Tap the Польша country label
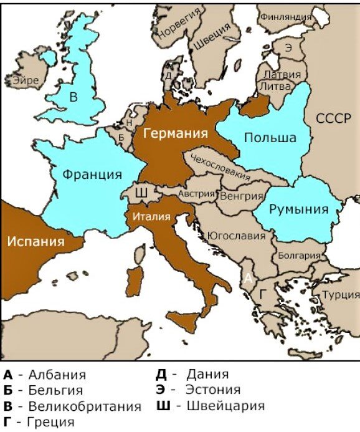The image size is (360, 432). pyautogui.click(x=269, y=138)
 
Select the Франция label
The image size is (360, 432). pyautogui.click(x=92, y=174)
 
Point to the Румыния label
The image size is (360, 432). pyautogui.click(x=298, y=209)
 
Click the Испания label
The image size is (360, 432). pyautogui.click(x=36, y=241)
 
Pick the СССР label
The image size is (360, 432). pyautogui.click(x=333, y=119)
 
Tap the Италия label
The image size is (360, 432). pyautogui.click(x=151, y=217)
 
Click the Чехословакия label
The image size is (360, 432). pyautogui.click(x=220, y=166)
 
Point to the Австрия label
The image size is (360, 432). pyautogui.click(x=196, y=194)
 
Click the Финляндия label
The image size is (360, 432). pyautogui.click(x=286, y=16)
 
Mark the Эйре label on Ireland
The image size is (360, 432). pyautogui.click(x=25, y=80)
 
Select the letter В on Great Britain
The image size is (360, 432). pyautogui.click(x=73, y=97)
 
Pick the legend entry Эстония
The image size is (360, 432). pyautogui.click(x=212, y=390)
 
